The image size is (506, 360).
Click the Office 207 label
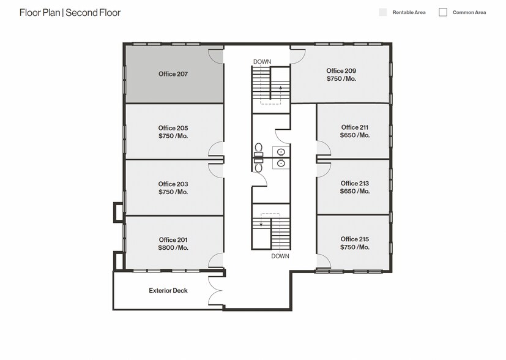coord(173,74)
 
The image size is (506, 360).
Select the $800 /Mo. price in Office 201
coord(173,248)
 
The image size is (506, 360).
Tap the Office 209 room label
coord(341,71)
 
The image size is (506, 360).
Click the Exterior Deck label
coord(168,291)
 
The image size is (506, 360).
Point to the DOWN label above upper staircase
coord(262,62)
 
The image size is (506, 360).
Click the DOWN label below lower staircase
coord(280,256)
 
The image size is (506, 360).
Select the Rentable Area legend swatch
coord(383,12)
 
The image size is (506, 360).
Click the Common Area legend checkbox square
coord(443,12)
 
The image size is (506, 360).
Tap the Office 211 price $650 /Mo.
coord(355,135)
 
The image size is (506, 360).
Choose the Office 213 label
coord(355,183)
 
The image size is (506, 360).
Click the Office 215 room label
coord(355,239)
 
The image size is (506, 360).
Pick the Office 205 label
coord(173,128)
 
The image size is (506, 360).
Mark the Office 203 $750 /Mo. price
coord(173,192)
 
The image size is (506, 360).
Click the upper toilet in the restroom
coord(259,149)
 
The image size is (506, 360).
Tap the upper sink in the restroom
coord(281,151)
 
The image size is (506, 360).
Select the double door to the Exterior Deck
coord(216,290)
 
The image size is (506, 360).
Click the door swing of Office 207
coord(215,55)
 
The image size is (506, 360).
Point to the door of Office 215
coord(323,261)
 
